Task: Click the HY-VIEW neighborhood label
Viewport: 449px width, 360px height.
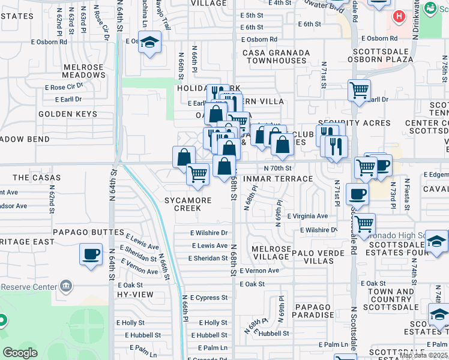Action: point(136,295)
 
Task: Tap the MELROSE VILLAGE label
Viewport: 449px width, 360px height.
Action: point(271,253)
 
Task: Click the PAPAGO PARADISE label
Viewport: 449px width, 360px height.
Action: point(313,311)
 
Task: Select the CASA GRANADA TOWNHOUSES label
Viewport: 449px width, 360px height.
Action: point(276,57)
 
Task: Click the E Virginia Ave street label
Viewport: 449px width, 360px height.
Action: point(307,216)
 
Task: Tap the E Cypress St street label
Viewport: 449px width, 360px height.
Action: point(209,298)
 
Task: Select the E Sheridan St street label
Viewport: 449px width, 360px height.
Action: point(208,258)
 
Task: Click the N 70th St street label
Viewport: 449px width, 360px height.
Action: point(277,169)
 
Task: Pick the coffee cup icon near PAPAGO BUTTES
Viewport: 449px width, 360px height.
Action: point(91,254)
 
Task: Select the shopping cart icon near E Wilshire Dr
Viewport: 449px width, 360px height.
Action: point(363,224)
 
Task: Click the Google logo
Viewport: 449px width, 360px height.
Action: point(20,353)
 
